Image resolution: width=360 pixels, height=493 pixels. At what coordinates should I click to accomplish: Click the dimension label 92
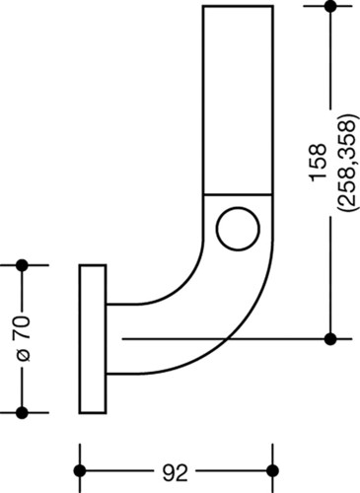pyautogui.click(x=175, y=473)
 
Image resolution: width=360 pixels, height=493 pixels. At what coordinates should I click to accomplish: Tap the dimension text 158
pyautogui.click(x=319, y=163)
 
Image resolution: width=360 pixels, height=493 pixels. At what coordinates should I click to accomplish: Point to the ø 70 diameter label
pyautogui.click(x=23, y=338)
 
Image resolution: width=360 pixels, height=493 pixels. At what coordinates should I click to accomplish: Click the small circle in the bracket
pyautogui.click(x=238, y=229)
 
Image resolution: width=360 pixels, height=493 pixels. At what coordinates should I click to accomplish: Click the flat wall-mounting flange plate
pyautogui.click(x=93, y=338)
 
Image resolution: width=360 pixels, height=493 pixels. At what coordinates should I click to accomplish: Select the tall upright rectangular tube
pyautogui.click(x=238, y=101)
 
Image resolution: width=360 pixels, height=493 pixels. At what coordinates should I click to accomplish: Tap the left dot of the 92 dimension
pyautogui.click(x=80, y=470)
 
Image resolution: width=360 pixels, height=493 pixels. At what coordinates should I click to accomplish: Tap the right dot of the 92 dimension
pyautogui.click(x=272, y=470)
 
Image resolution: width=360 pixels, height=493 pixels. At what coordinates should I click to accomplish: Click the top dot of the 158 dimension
pyautogui.click(x=330, y=6)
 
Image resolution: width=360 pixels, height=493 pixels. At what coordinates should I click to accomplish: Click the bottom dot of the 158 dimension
pyautogui.click(x=330, y=339)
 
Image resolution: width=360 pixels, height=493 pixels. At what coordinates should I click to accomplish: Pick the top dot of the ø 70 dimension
pyautogui.click(x=22, y=265)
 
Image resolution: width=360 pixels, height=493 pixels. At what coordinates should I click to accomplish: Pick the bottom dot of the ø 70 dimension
pyautogui.click(x=22, y=412)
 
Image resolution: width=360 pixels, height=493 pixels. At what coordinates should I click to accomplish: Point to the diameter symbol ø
pyautogui.click(x=24, y=356)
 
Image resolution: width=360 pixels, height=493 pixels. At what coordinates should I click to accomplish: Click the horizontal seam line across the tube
pyautogui.click(x=238, y=195)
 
